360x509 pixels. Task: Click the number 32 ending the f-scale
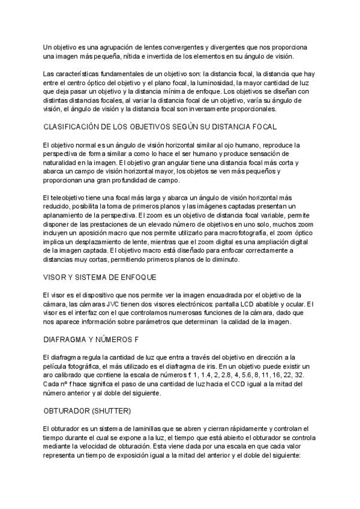[x=300, y=375]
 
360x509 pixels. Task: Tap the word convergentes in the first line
[x=178, y=47]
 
